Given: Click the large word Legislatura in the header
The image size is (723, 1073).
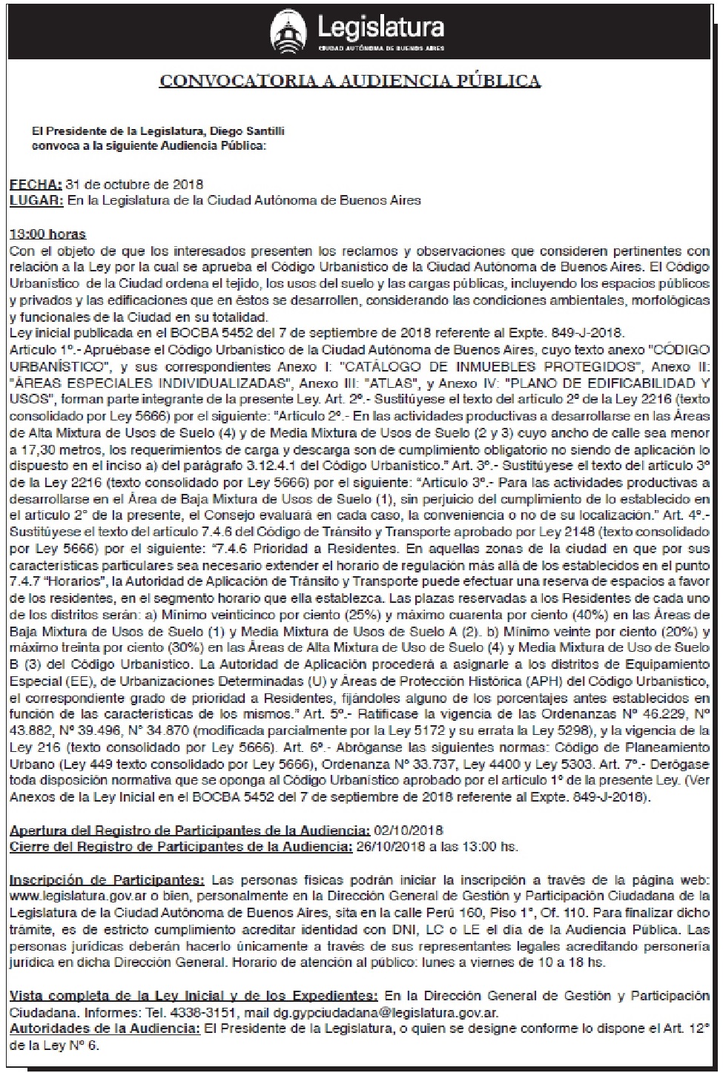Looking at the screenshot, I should point(381,28).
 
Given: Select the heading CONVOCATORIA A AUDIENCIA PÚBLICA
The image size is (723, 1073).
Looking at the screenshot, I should point(350,81).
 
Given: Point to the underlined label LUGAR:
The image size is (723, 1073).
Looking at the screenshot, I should point(36,199).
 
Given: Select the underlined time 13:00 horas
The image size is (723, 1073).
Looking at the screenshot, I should point(47,234).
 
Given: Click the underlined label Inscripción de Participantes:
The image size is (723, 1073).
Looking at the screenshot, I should point(107,880).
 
